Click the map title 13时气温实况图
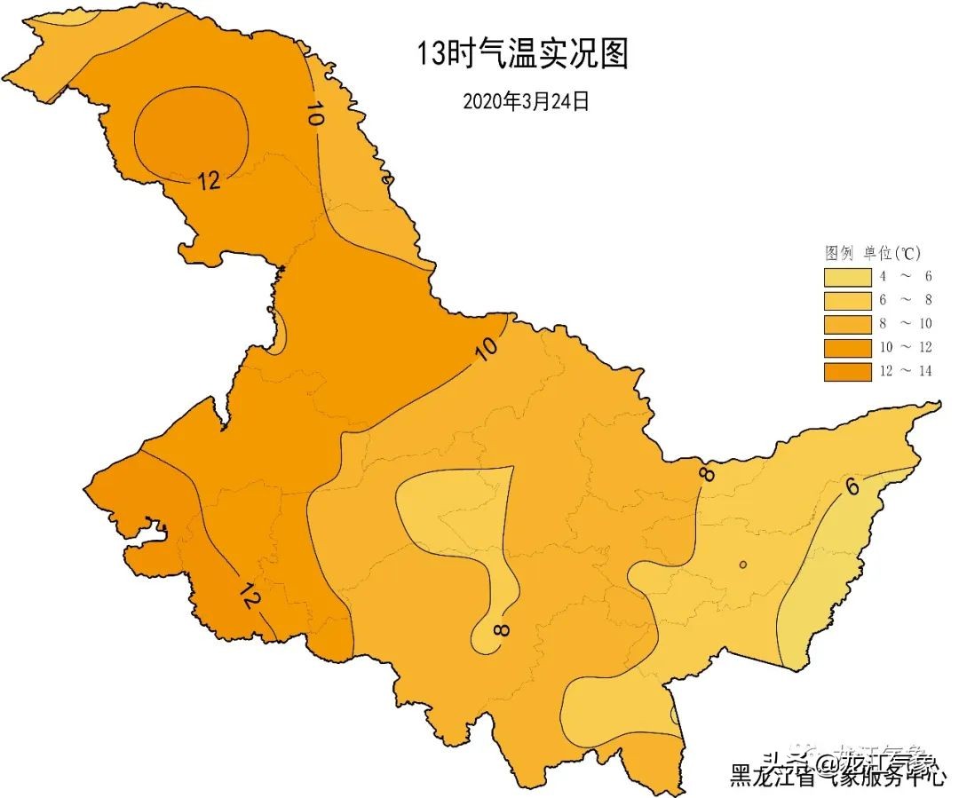(523, 54)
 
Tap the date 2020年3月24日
(526, 101)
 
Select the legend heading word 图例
(839, 253)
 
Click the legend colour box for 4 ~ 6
(846, 276)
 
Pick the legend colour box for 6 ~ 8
(846, 300)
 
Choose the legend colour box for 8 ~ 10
(846, 324)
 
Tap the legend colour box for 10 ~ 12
(846, 347)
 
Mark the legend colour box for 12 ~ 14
(846, 371)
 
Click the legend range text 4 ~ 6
(905, 276)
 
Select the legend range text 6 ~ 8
(905, 300)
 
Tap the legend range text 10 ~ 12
(905, 347)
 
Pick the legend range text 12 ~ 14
(905, 371)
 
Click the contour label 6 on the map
(852, 486)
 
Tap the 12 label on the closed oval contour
(209, 180)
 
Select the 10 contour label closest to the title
(313, 115)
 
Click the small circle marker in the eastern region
(742, 565)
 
